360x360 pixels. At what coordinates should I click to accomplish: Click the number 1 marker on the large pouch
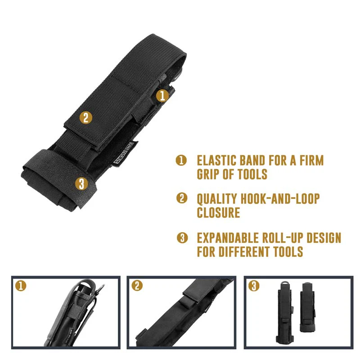(x=162, y=95)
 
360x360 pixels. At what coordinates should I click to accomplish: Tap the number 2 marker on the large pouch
(x=85, y=118)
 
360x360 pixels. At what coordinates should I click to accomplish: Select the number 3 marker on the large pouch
(x=81, y=183)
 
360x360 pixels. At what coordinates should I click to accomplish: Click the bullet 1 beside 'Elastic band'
(x=181, y=161)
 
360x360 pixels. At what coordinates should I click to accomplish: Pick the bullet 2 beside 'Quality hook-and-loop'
(x=181, y=198)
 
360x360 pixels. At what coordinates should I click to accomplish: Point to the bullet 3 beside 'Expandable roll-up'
(x=181, y=238)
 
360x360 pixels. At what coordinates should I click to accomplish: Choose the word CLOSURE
(x=218, y=212)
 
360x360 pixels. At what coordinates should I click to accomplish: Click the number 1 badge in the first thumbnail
(x=20, y=285)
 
